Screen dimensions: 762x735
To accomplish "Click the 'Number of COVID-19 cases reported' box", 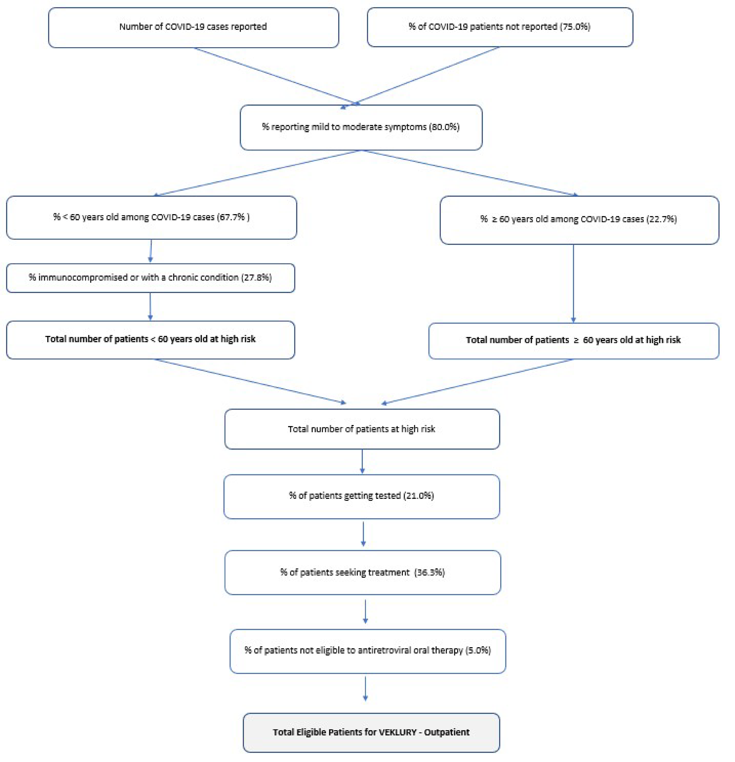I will tap(193, 27).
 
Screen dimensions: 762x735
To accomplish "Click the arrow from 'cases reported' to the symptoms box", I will tap(272, 76).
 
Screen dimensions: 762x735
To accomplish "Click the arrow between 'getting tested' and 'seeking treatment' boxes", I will tap(363, 534).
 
